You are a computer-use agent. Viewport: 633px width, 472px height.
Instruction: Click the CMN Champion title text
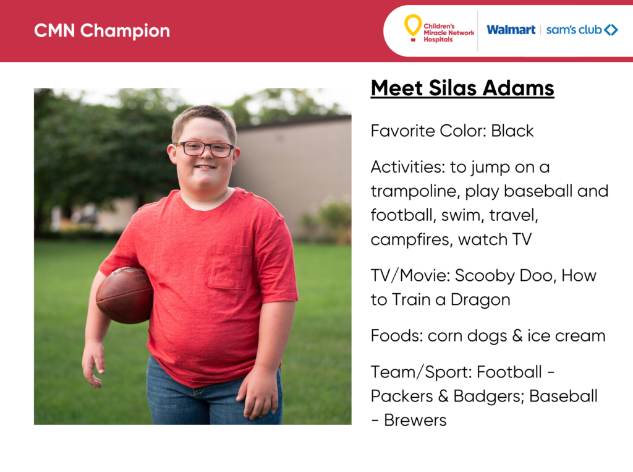tap(102, 31)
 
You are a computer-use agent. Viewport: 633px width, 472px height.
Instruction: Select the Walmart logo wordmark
tap(511, 30)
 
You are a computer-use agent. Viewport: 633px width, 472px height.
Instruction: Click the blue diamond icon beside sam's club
tap(611, 30)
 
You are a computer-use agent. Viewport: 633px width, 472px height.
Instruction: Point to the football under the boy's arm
tap(124, 294)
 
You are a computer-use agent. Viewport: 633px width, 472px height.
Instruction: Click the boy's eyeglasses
tap(205, 148)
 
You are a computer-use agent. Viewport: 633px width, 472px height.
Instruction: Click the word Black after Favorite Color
tap(512, 131)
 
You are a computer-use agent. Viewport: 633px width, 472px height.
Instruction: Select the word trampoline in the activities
tap(415, 192)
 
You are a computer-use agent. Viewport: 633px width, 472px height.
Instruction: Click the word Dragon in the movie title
tap(480, 300)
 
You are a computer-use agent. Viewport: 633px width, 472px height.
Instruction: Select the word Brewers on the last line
tap(415, 420)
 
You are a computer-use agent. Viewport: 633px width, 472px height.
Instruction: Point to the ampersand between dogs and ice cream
tap(517, 336)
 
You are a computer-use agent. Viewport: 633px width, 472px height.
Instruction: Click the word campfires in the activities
tap(411, 239)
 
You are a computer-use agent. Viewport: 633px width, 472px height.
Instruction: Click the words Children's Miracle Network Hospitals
tap(449, 33)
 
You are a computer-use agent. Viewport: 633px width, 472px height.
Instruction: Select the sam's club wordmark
tap(574, 30)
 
